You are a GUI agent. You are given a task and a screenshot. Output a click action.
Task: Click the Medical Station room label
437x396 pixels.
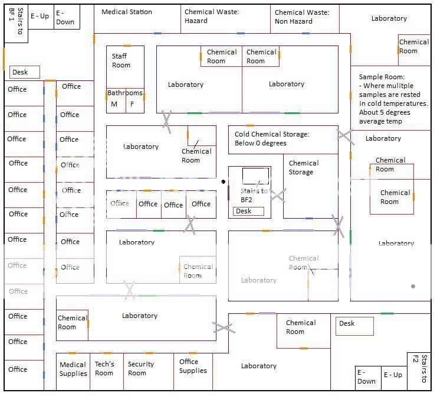126,12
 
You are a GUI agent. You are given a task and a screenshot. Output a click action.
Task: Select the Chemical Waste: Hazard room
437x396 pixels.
211,17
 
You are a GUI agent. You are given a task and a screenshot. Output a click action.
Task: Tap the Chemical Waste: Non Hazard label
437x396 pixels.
301,17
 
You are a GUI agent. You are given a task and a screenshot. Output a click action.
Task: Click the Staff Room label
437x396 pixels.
121,61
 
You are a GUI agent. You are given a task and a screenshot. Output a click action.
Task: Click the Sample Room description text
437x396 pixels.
393,99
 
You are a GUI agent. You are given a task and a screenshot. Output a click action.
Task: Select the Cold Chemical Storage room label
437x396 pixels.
271,138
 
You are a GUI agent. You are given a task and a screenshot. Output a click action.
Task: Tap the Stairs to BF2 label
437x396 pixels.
254,195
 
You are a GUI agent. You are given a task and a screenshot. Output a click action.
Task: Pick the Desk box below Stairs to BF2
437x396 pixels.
248,211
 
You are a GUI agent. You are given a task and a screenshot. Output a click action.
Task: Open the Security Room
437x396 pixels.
140,369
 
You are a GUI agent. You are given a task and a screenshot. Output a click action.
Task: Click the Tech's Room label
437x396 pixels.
104,369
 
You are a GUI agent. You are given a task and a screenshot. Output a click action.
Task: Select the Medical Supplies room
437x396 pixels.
73,369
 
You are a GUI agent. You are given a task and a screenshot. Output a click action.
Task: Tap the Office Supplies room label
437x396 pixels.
193,366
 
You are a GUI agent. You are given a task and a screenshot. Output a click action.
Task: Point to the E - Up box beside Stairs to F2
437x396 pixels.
393,375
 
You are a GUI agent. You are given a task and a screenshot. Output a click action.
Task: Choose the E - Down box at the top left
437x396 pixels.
65,17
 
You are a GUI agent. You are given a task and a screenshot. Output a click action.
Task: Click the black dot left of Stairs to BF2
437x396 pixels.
223,181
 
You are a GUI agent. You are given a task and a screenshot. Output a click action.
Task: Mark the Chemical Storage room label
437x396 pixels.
304,167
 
